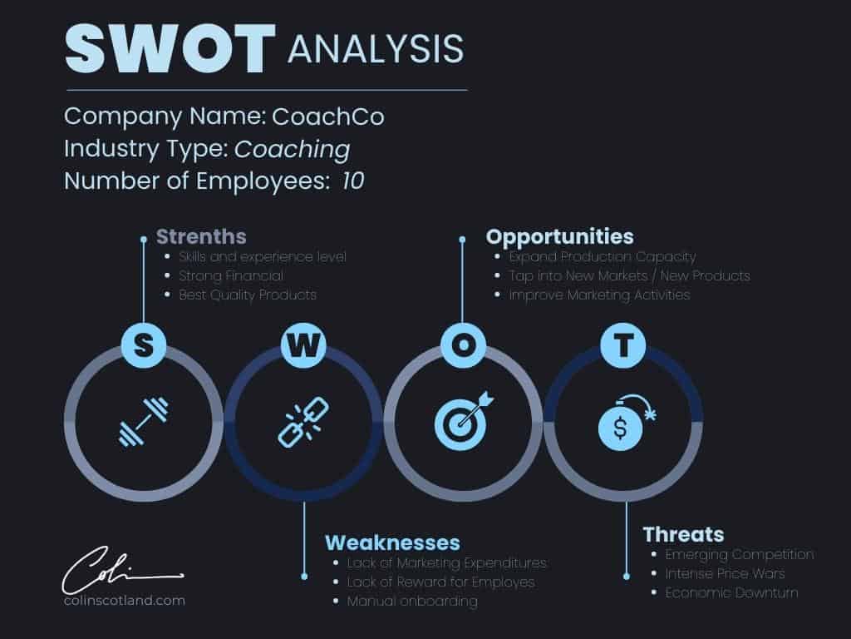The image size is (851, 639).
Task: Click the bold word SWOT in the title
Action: tap(170, 48)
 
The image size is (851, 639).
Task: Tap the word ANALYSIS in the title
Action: tap(376, 49)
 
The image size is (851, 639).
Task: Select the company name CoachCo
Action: tap(328, 116)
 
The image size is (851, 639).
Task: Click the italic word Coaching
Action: tap(292, 150)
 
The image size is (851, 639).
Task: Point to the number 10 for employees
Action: tap(352, 181)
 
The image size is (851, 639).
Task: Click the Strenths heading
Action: tap(201, 237)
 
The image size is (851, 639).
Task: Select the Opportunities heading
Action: tap(559, 237)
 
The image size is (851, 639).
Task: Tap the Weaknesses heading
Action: tap(392, 542)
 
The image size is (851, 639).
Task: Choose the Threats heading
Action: tap(683, 535)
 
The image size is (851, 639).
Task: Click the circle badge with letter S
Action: tap(143, 345)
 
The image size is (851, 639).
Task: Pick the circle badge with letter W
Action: tap(303, 345)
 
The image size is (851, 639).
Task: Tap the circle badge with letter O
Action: tap(463, 345)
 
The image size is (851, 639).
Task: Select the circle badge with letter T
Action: tap(623, 345)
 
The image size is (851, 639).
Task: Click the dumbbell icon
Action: tap(144, 422)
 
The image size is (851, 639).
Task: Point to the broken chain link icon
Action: tap(303, 422)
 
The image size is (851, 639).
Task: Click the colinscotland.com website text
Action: tap(125, 601)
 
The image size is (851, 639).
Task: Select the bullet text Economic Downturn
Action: tap(731, 592)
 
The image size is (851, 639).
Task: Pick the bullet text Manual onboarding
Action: tap(412, 602)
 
